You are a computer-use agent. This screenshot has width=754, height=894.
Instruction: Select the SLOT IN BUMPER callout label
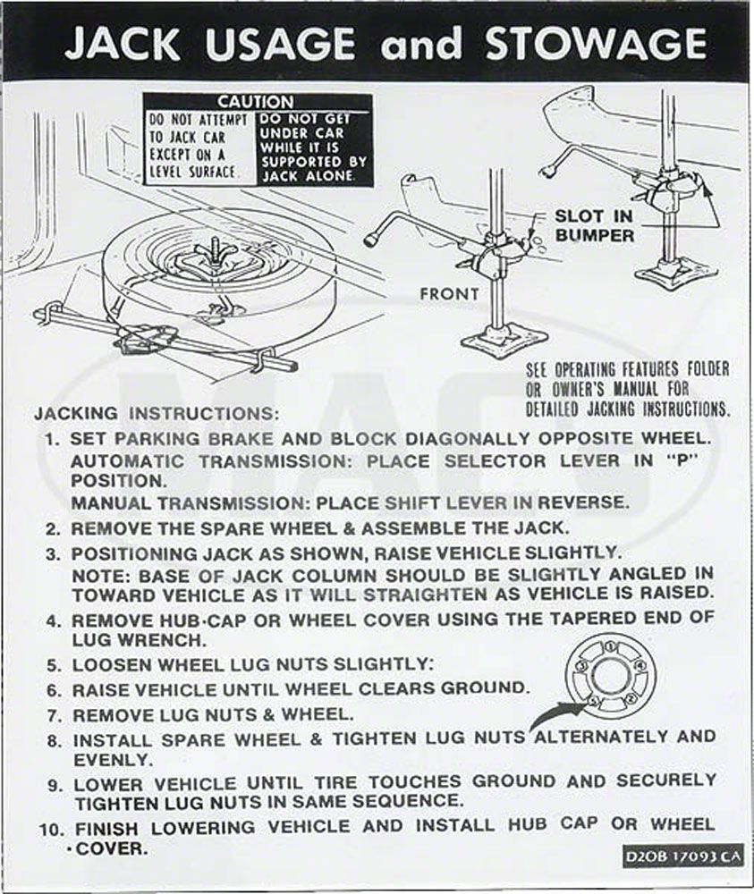[x=595, y=225]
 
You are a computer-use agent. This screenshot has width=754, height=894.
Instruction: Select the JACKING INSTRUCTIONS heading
[x=157, y=415]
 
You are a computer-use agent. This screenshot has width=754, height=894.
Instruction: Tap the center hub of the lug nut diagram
[x=611, y=675]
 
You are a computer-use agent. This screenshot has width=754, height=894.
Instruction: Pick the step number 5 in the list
[x=55, y=665]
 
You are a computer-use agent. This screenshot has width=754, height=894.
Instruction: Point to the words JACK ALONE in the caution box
[x=306, y=177]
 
